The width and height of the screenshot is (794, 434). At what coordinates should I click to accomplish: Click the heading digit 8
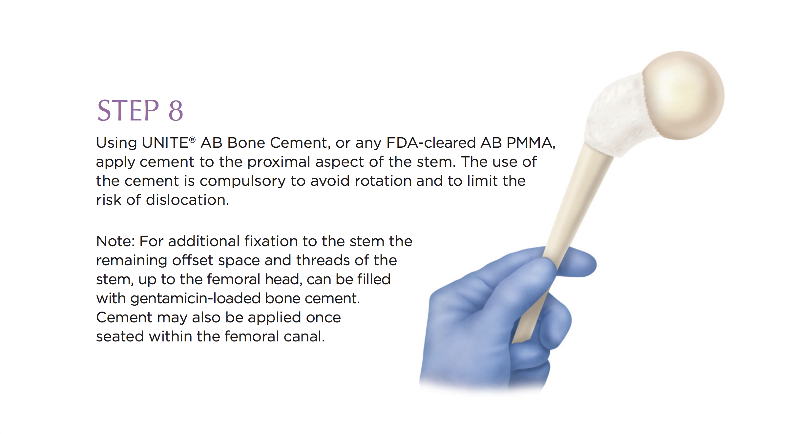tap(176, 110)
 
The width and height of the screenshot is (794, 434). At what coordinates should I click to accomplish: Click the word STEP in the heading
tap(128, 110)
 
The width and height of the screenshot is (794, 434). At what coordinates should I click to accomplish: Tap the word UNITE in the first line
tap(165, 143)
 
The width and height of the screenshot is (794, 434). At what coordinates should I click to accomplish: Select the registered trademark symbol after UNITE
tap(192, 140)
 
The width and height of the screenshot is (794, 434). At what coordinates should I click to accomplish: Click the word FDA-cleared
tap(431, 143)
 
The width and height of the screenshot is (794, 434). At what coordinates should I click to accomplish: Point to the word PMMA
tap(531, 143)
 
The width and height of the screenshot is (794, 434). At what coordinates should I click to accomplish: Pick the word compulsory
tap(242, 181)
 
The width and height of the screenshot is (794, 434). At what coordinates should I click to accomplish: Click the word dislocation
tap(187, 200)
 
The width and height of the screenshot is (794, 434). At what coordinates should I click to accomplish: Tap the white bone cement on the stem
tap(617, 115)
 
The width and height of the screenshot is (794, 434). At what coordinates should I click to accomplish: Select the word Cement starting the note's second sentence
tap(124, 317)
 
